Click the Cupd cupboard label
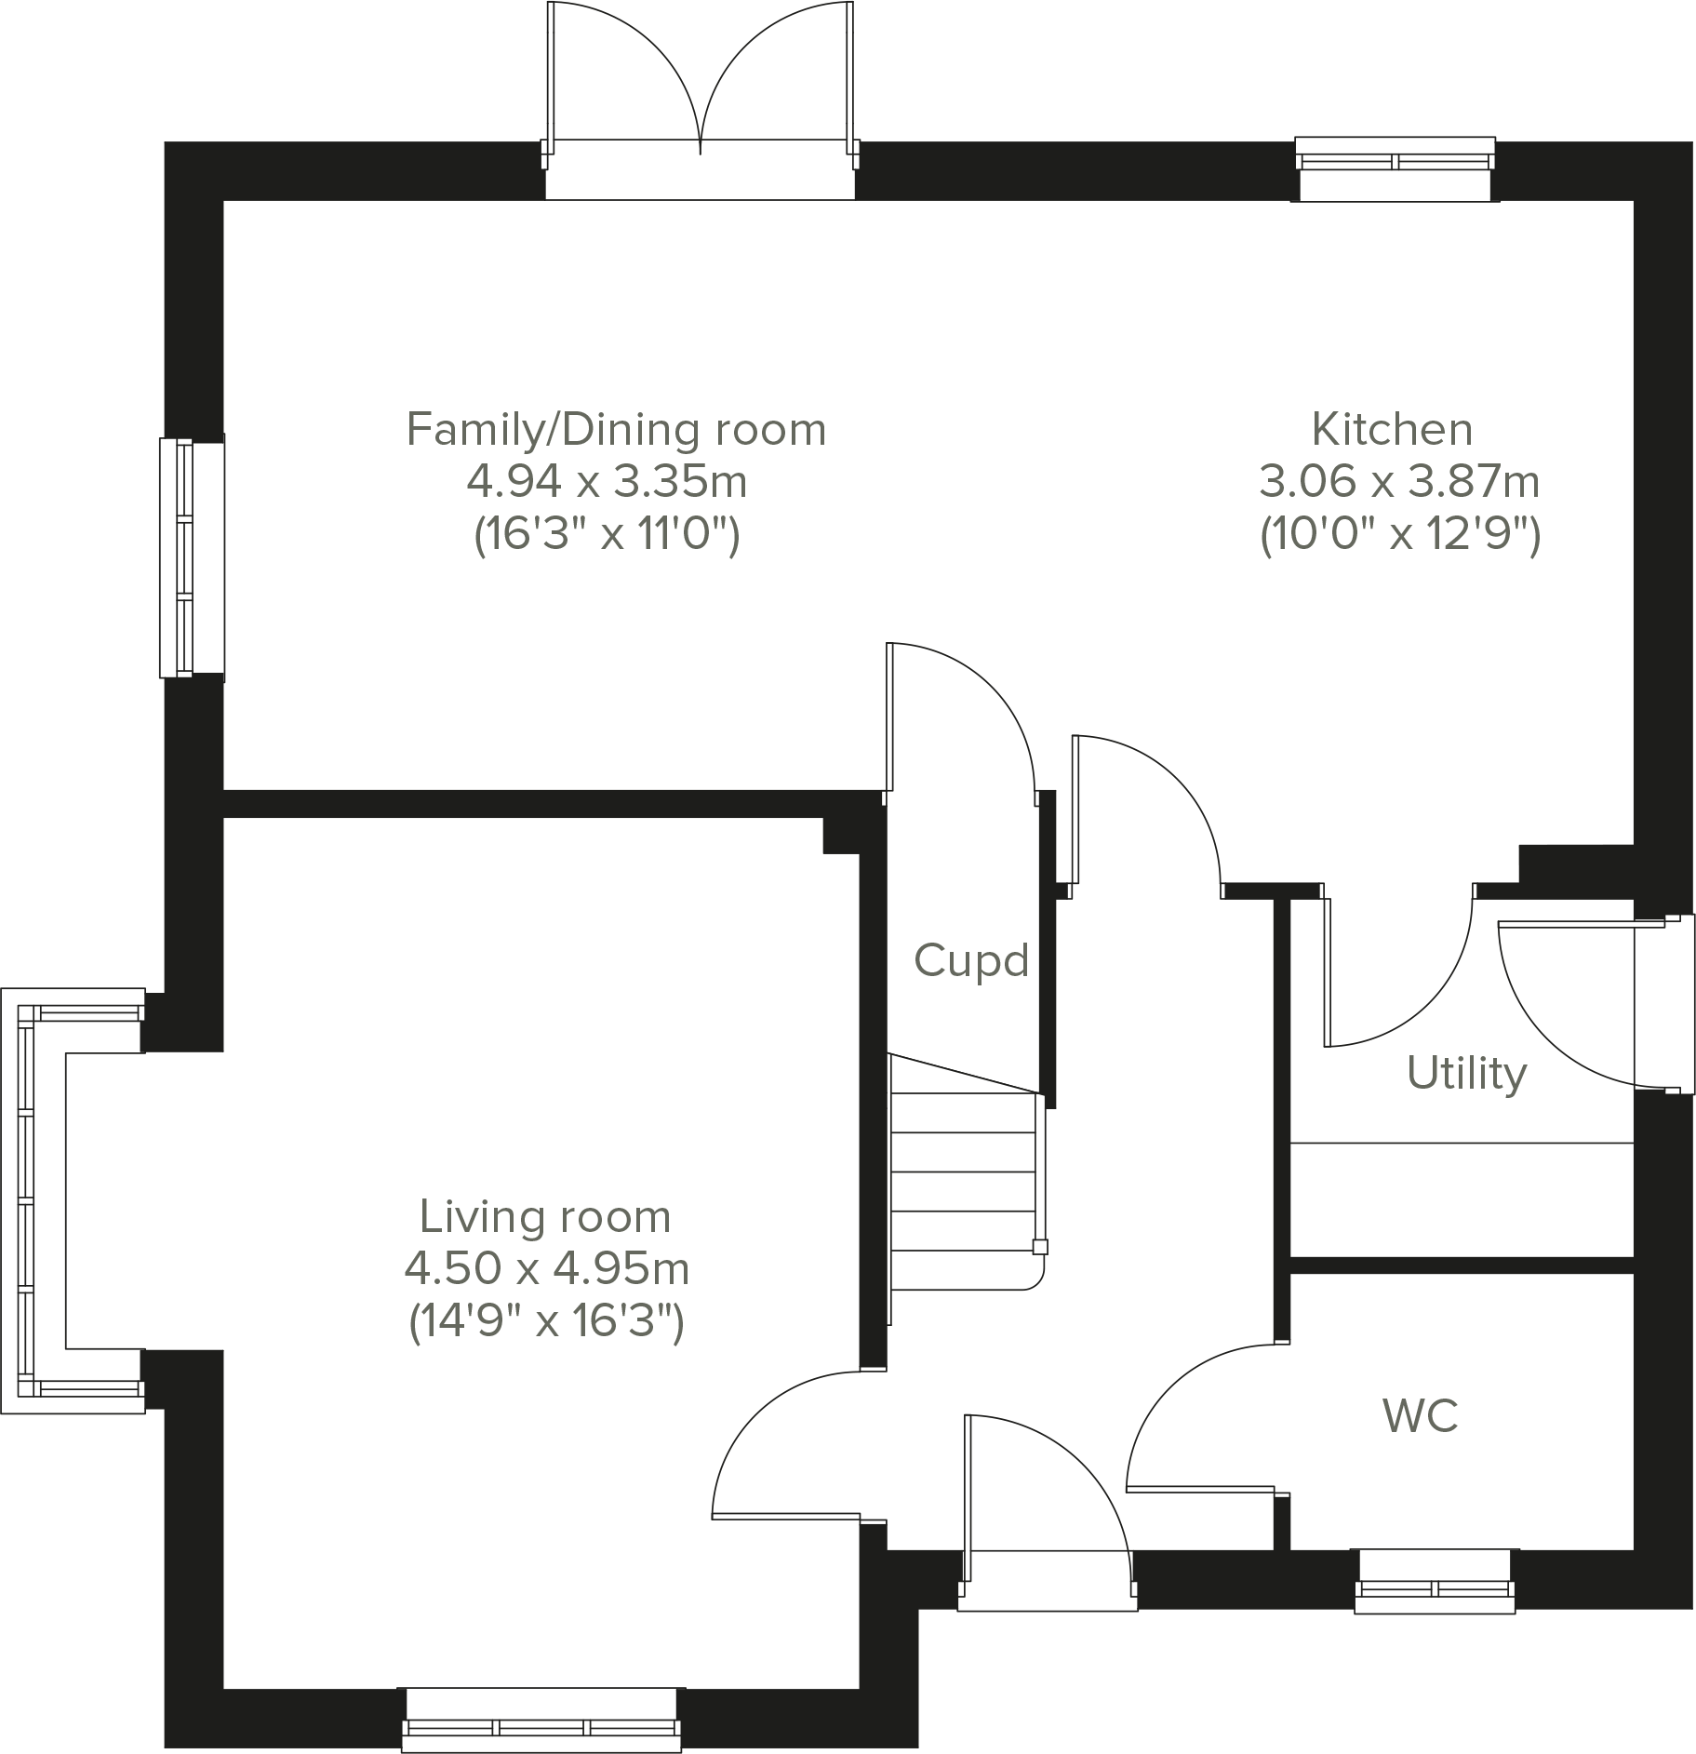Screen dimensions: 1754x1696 tap(971, 960)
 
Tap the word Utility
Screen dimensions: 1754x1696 tap(1466, 1073)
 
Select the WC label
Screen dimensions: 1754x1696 tap(1420, 1415)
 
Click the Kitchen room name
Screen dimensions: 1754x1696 tap(1392, 430)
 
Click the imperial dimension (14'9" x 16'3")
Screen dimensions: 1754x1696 tap(547, 1321)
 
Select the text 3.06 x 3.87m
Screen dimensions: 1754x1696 tap(1399, 482)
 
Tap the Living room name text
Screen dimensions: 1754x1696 tap(545, 1217)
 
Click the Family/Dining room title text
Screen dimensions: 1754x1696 tap(616, 430)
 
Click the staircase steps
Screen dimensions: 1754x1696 tap(964, 1191)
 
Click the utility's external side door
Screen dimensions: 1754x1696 tap(1572, 1005)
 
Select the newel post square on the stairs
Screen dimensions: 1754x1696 tap(1040, 1248)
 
